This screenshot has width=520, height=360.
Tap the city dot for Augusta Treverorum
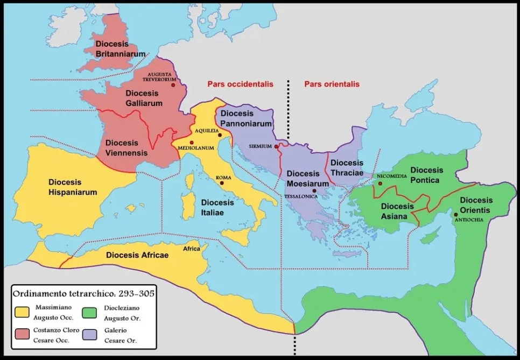coord(173,85)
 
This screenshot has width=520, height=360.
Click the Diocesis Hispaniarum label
coord(73,187)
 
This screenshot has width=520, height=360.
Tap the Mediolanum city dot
coord(191,142)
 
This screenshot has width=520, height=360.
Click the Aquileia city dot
coord(220,135)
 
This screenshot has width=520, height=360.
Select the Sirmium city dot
coord(276,146)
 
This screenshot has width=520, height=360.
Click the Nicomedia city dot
coord(380,183)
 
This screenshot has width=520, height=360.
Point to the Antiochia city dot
coord(456,214)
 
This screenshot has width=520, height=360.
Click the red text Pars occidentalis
coord(241,84)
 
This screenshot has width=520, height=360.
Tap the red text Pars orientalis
coord(332,84)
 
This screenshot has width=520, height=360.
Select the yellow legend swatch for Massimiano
coord(23,311)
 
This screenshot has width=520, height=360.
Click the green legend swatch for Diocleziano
coord(90,311)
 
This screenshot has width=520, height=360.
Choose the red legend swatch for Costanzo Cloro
coord(23,335)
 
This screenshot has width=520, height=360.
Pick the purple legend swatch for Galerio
coord(90,335)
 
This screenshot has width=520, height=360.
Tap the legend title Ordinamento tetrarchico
coord(83,294)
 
